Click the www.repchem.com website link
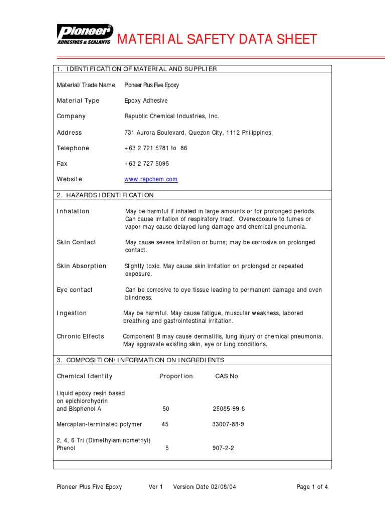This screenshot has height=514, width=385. coord(151,179)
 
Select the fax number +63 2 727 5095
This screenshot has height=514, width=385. coord(147,164)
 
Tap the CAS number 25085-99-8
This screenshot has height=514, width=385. coord(229,409)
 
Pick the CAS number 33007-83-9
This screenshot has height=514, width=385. coord(228,424)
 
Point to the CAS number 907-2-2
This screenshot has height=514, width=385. coord(223,448)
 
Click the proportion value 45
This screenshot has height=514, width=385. coord(165,424)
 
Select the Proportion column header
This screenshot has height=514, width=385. coord(176,376)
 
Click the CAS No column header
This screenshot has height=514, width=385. coord(226,376)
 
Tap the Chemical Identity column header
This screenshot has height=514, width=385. coord(84,376)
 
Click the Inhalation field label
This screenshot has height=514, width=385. coord(73,211)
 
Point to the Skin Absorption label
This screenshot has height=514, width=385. coord(81,266)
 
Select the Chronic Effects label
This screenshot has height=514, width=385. coord(80,336)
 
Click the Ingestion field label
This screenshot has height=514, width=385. coord(72,313)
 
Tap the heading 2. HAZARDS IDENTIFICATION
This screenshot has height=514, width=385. coord(105,195)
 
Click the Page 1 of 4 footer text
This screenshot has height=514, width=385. coord(312,487)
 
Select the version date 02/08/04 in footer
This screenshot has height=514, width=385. coord(215,487)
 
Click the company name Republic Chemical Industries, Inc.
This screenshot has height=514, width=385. coord(171,116)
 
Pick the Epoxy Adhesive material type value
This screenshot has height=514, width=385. coord(146,101)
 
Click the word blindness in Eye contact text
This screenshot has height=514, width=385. coord(138,298)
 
